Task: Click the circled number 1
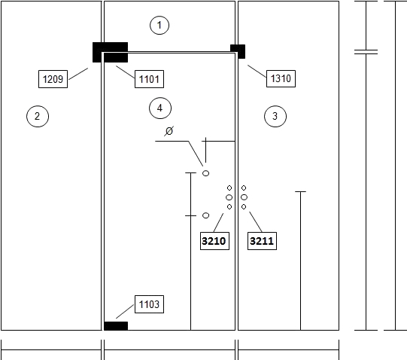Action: point(159,25)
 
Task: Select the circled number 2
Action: point(38,116)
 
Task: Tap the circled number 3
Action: point(275,116)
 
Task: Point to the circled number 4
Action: point(160,108)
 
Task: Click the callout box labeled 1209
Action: point(53,79)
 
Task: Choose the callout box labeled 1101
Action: point(149,79)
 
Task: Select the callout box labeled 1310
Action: point(281,78)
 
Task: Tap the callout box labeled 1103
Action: point(149,304)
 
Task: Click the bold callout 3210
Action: point(214,241)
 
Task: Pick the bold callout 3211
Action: point(262,241)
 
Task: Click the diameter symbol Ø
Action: point(169,131)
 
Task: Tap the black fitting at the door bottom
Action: point(116,326)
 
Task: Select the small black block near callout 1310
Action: point(238,51)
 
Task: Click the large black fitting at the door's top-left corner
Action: point(111,52)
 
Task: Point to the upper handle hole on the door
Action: point(206,173)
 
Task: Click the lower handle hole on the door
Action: point(206,215)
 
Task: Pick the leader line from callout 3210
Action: point(219,222)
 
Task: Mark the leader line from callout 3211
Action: point(256,221)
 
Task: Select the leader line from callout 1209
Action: point(78,74)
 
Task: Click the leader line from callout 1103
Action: point(125,312)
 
